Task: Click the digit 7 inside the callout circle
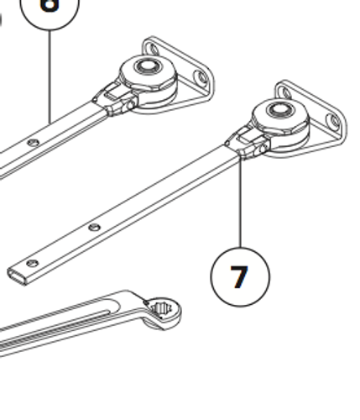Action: (x=239, y=276)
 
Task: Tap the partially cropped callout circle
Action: (x=50, y=8)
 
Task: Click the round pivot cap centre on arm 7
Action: (x=279, y=108)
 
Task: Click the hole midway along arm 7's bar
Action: (x=95, y=227)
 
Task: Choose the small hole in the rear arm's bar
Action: (x=33, y=144)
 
